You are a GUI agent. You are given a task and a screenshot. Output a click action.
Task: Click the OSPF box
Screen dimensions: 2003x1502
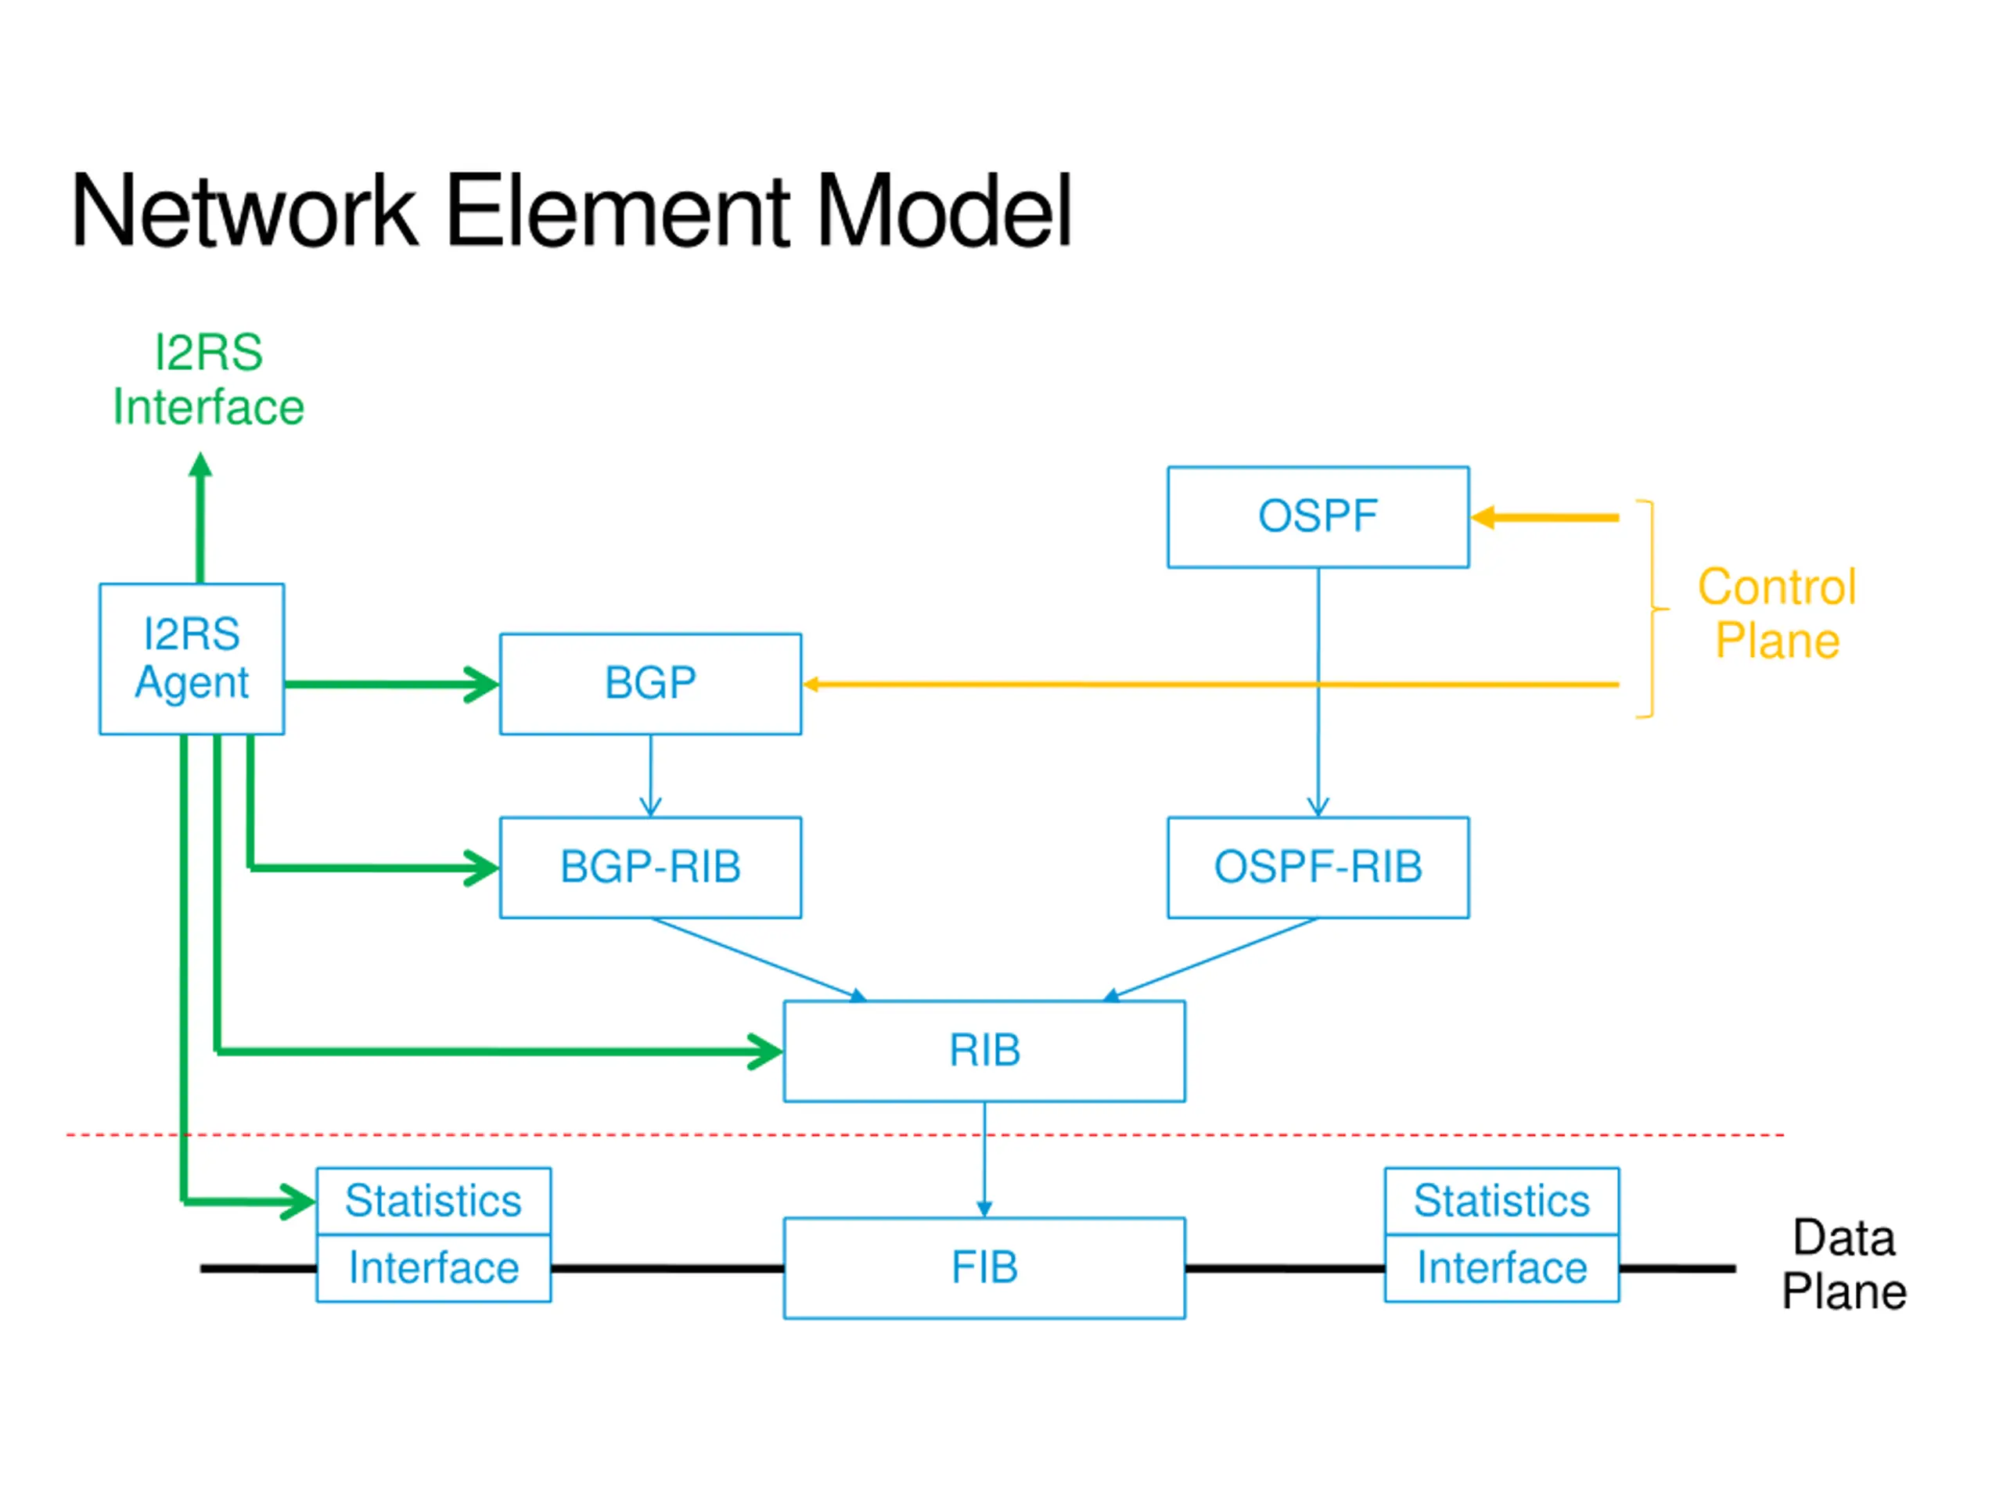click(1318, 517)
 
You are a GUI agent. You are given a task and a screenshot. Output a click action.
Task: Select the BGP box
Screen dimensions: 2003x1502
click(650, 684)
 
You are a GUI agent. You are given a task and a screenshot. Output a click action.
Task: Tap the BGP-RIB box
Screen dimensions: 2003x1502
click(650, 868)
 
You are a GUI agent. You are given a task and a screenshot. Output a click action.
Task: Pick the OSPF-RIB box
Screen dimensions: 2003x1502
click(1318, 868)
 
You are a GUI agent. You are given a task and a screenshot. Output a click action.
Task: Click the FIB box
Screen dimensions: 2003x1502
click(984, 1267)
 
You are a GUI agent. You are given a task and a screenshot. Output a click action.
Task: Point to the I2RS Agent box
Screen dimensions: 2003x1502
click(192, 658)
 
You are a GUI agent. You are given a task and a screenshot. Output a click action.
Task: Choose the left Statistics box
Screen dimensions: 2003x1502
click(433, 1201)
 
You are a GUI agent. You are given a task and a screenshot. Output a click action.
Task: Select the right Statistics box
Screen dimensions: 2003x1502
click(1501, 1201)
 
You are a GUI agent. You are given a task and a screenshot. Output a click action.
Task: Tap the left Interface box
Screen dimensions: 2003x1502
click(433, 1267)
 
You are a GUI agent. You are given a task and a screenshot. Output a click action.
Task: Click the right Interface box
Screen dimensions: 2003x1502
click(1501, 1267)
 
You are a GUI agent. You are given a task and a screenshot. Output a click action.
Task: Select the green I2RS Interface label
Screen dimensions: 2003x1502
click(208, 379)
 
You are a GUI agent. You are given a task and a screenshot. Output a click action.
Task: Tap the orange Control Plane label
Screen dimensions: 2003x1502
click(1777, 613)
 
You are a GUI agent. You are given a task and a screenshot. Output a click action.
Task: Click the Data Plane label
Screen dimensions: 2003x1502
click(1843, 1264)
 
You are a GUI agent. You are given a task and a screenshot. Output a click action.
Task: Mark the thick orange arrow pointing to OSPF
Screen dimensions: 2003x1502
click(1545, 518)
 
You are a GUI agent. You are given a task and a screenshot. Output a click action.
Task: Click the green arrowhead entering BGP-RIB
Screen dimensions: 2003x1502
click(481, 868)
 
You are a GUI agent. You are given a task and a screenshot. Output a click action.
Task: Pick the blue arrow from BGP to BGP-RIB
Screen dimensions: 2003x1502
click(650, 776)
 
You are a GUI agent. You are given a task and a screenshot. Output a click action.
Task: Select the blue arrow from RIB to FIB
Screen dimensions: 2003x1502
click(984, 1160)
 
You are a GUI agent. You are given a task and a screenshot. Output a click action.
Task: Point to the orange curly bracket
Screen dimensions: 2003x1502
click(1653, 609)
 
